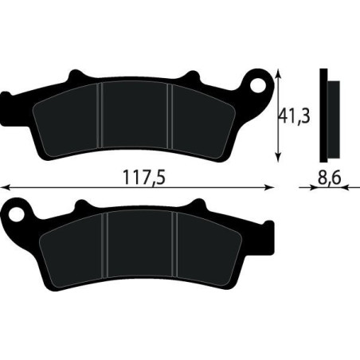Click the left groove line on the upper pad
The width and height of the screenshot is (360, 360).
click(x=100, y=112)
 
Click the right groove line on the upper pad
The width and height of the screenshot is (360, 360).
click(x=169, y=112)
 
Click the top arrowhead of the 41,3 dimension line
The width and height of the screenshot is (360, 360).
click(x=278, y=72)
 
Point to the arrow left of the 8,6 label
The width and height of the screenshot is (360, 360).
click(x=303, y=189)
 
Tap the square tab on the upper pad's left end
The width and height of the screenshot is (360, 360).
click(x=7, y=104)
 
